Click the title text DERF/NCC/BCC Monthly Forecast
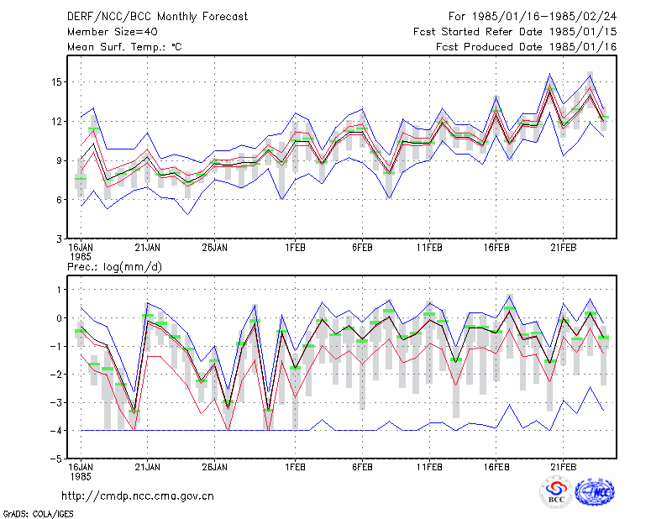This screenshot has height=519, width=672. coord(157,17)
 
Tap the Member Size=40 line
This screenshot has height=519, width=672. coord(113,32)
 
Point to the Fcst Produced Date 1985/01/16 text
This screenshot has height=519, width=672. coord(527,47)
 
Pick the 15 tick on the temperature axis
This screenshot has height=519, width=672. coord(56,81)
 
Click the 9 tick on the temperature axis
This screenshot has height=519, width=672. coord(59,160)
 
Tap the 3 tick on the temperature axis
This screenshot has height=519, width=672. coord(59,239)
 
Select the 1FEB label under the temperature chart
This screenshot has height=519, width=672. coord(296,248)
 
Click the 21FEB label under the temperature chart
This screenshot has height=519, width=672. coord(563,248)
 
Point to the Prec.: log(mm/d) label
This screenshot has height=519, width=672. coord(114,267)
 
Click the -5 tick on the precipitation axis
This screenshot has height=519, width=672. coord(55,459)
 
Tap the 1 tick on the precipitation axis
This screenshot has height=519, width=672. coord(60,290)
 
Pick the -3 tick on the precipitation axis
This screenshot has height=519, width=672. coord(55,402)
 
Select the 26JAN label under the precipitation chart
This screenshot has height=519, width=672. coord(215,467)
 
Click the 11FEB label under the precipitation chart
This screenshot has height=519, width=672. coord(429,467)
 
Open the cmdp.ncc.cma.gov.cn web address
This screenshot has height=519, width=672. coord(138,496)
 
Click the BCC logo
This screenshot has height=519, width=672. coord(556,492)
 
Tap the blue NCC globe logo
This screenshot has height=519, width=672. coord(595,492)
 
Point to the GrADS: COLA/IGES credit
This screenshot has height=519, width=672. coord(38,514)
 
